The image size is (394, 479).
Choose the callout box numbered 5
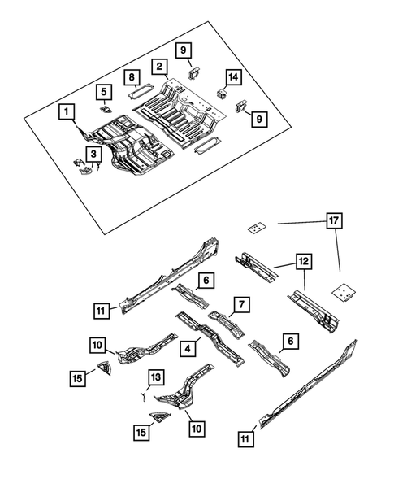click(103, 91)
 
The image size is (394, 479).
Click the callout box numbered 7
click(240, 304)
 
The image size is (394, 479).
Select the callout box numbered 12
click(301, 263)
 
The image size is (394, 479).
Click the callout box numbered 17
click(331, 220)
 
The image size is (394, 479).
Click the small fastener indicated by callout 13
click(143, 395)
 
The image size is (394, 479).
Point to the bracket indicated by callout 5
click(105, 107)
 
